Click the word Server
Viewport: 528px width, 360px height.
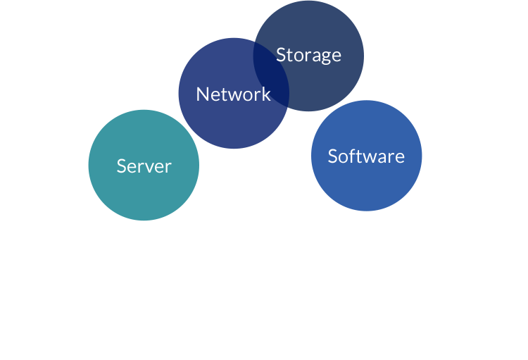point(144,166)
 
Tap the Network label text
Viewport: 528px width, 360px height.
point(233,94)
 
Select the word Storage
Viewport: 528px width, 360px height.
point(308,55)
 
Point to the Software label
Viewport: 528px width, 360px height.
point(366,156)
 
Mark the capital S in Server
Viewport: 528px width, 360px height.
point(121,166)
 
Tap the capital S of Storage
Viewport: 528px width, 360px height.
point(280,55)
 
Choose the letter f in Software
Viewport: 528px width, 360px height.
point(351,156)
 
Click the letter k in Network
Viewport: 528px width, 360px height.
point(265,94)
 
